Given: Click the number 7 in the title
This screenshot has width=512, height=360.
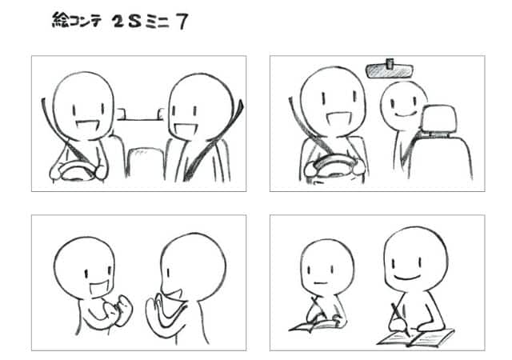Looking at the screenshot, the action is [182, 22].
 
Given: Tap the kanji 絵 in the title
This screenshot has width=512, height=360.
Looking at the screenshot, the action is [60, 20].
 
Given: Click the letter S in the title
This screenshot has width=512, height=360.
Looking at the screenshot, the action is [134, 22].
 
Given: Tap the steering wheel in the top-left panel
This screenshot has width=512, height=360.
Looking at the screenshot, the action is [78, 170].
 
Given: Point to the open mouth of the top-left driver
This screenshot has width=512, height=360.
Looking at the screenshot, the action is [86, 125].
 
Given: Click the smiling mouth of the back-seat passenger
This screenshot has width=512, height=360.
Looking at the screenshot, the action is [403, 114].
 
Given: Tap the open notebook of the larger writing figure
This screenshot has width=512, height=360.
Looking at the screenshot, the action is [416, 338].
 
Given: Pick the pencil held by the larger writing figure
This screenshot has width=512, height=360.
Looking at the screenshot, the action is [400, 319].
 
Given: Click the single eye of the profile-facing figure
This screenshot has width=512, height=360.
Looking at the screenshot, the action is [168, 273].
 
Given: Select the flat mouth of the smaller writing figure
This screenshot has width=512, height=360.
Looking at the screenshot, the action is [320, 282].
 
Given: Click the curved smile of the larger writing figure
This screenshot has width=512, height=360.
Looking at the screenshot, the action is [407, 278].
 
